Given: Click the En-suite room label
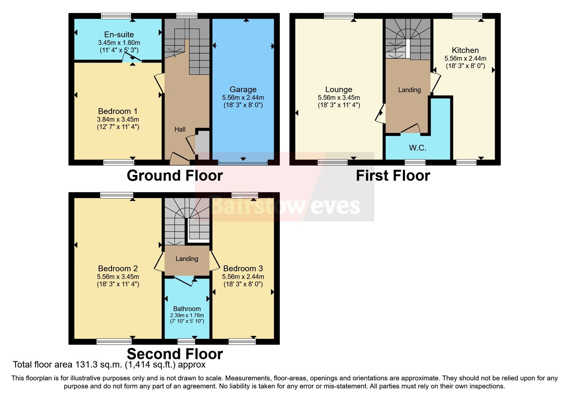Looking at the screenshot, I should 119,34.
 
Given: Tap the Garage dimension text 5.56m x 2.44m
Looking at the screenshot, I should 243,98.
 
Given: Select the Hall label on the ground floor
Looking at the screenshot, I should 180,129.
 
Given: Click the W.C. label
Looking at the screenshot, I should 417,148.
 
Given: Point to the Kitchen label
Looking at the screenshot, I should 465,50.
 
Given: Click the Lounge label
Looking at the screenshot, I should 339,90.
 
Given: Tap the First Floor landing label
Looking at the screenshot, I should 409,90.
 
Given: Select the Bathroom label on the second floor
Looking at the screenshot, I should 187,309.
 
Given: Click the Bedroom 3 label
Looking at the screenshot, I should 243,268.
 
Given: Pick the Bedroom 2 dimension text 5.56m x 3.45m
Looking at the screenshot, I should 118,277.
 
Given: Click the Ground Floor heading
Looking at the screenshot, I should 175,176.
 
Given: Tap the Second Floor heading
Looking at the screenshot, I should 175,354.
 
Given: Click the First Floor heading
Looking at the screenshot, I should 393,176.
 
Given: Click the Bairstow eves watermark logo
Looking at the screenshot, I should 284,205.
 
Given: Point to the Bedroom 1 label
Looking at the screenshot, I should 118,111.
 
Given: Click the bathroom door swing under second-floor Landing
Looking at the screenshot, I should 185,281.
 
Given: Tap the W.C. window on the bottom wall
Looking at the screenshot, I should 415,162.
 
